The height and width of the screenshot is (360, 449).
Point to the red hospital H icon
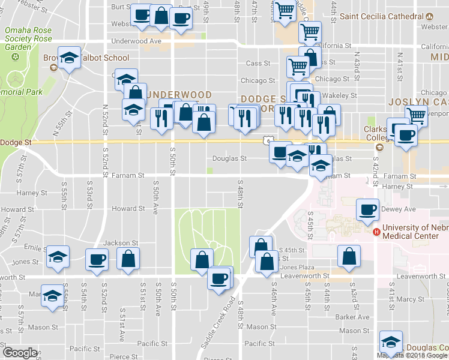click(376, 232)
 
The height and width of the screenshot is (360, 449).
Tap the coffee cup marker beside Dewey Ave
click(367, 209)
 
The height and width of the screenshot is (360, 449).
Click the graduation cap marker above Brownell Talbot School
click(69, 58)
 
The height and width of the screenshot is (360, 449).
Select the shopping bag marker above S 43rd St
click(349, 256)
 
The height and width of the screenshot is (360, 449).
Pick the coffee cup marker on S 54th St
click(97, 259)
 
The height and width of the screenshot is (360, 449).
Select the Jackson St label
click(121, 243)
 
